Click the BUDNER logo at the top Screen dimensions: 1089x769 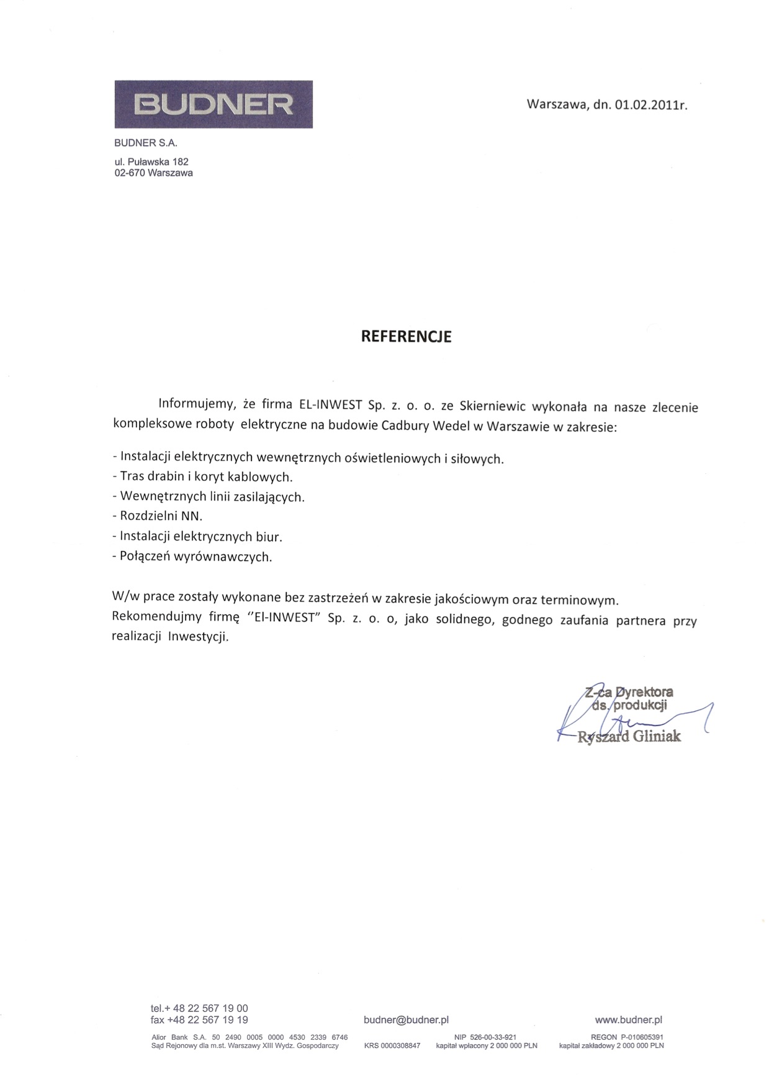coord(213,104)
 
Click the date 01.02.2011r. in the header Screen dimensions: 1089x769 coord(650,105)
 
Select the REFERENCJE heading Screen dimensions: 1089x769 coord(407,337)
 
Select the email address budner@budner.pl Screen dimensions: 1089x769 coord(406,1019)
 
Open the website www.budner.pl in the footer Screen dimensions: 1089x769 coord(628,1019)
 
